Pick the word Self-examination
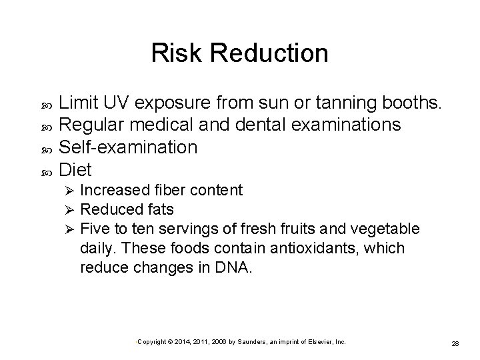point(129,147)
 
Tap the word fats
point(161,210)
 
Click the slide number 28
point(456,343)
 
